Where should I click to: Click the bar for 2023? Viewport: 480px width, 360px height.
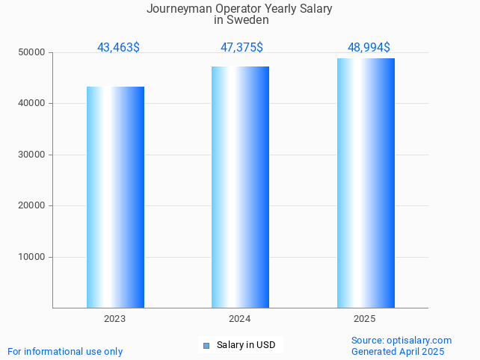115,197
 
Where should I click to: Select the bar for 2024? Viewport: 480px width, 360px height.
240,187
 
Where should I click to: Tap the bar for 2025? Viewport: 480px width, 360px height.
366,183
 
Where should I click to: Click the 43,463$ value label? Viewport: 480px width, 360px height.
118,48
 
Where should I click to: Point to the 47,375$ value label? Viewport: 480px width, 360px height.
241,48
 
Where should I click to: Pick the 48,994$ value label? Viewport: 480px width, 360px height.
369,48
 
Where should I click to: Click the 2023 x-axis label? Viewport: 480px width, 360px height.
115,319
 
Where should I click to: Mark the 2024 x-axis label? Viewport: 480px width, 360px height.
240,319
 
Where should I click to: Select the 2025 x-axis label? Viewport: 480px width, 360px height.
365,319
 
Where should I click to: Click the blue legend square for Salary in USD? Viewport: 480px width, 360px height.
206,345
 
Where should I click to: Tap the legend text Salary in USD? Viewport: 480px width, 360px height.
246,345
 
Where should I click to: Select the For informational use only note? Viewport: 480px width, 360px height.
65,352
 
